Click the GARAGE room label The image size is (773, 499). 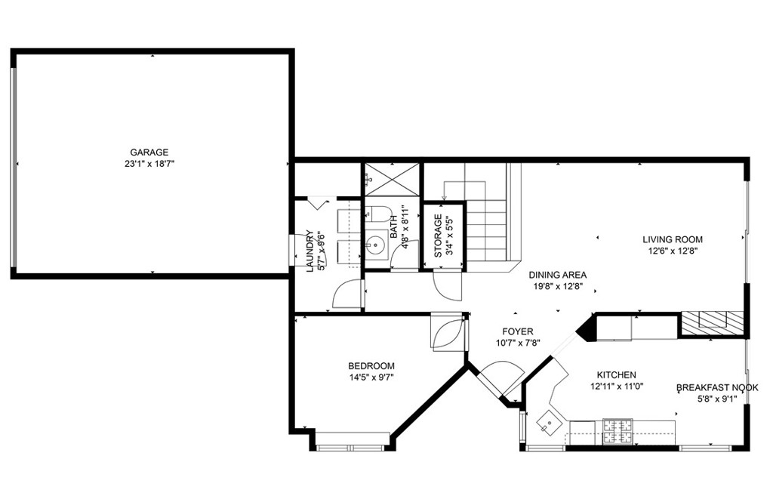point(149,152)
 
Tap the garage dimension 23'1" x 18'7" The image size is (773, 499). point(149,164)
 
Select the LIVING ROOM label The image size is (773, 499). point(673,239)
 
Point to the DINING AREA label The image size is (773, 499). point(558,275)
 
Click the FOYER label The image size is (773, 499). point(518,332)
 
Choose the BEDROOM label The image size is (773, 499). point(371,366)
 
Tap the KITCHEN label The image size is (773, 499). point(616,374)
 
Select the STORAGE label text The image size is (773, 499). point(438,236)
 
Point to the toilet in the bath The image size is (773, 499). point(378,214)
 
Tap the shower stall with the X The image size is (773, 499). point(392,178)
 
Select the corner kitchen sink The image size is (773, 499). point(548,422)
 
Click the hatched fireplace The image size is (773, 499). point(713,322)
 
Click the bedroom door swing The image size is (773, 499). point(447,332)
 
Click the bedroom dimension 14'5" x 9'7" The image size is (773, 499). point(371,377)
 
